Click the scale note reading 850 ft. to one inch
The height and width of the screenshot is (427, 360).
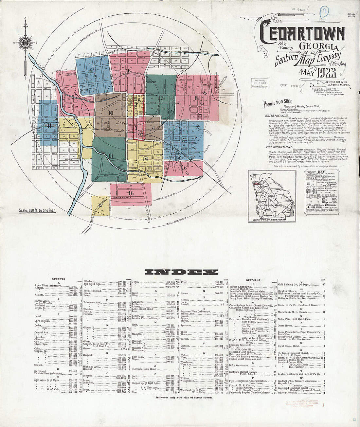pos(37,210)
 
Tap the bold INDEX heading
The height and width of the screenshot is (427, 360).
pos(181,272)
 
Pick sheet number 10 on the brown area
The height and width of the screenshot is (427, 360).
pos(111,113)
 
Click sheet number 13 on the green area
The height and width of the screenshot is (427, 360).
pos(111,156)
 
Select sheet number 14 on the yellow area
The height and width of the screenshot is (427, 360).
pos(145,159)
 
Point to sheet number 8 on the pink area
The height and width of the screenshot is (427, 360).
pos(196,98)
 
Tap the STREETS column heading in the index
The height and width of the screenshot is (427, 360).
pos(58,279)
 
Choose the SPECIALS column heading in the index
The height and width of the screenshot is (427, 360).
pos(253,280)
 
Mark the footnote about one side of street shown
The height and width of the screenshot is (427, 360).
pos(182,397)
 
